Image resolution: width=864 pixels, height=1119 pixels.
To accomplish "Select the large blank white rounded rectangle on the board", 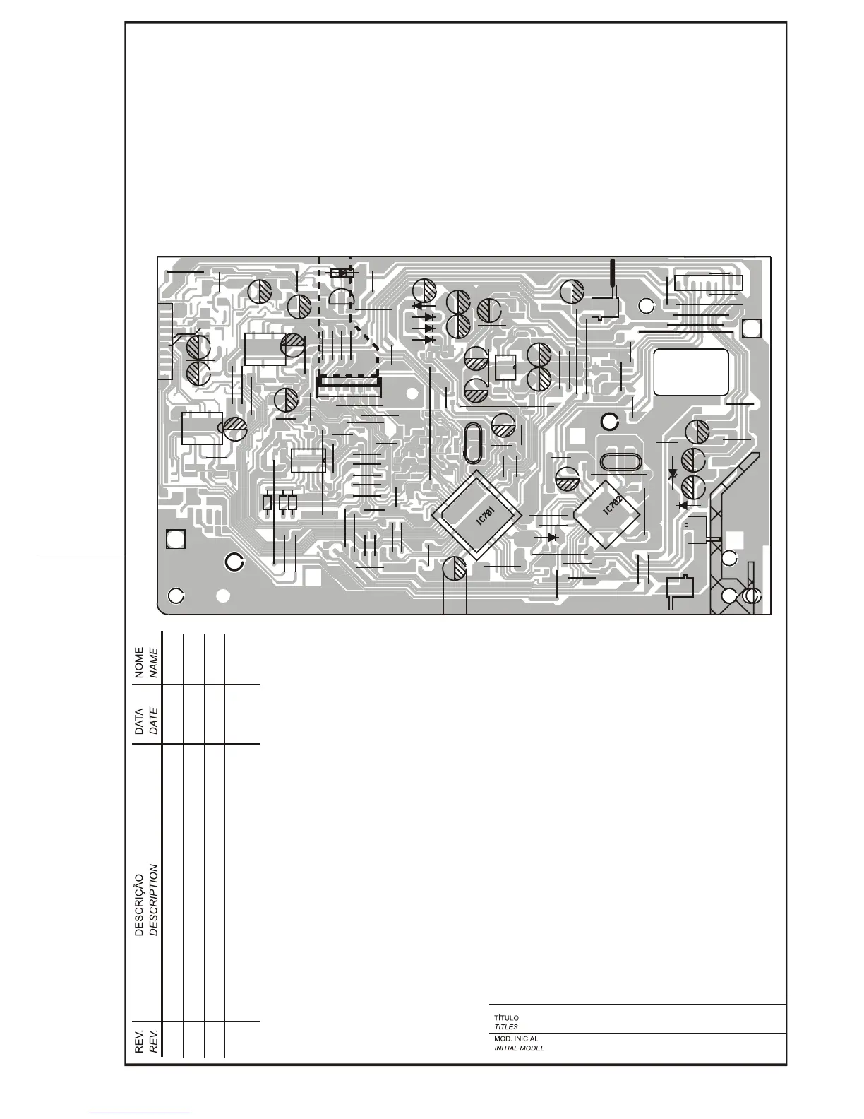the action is tap(691, 371).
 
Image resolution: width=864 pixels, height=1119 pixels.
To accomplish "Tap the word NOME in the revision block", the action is tap(140, 662).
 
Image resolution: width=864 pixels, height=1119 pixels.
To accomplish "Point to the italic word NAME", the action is tap(153, 662).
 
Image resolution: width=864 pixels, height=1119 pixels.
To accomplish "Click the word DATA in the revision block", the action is tap(140, 721).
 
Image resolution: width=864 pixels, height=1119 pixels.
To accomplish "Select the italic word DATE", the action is tap(153, 721).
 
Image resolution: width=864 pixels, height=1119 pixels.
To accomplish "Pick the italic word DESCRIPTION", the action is tap(153, 899).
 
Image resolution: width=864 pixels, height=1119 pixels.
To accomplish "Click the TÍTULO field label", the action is tap(506, 1018).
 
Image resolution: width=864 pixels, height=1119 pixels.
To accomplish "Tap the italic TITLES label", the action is tap(505, 1027).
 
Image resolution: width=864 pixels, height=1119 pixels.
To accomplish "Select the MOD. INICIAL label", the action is tap(516, 1039).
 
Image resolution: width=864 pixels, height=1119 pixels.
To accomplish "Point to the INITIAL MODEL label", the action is tap(519, 1048).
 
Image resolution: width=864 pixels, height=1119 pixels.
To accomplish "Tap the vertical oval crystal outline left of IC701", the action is tap(472, 443).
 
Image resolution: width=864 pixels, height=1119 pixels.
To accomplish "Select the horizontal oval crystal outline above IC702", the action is tap(620, 463).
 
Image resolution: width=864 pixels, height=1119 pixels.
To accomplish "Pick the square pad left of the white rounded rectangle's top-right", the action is tap(752, 329).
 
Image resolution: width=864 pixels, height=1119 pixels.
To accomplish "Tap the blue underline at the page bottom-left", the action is tap(140, 1113).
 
